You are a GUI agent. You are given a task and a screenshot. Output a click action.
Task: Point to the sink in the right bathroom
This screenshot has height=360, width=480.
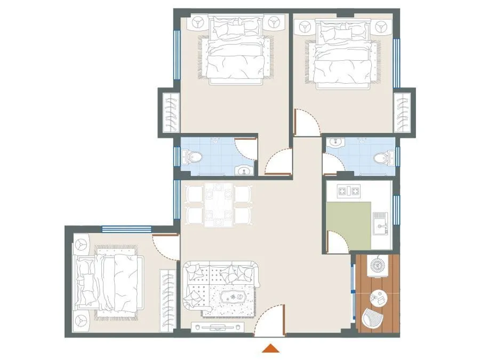pos(335,143)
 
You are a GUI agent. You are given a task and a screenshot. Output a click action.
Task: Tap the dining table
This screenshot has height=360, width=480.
pos(219,204)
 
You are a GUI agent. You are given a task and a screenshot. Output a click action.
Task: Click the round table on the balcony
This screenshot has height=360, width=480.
pos(380,297)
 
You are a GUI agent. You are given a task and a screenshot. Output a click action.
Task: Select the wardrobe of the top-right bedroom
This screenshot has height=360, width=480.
pos(403,113)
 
